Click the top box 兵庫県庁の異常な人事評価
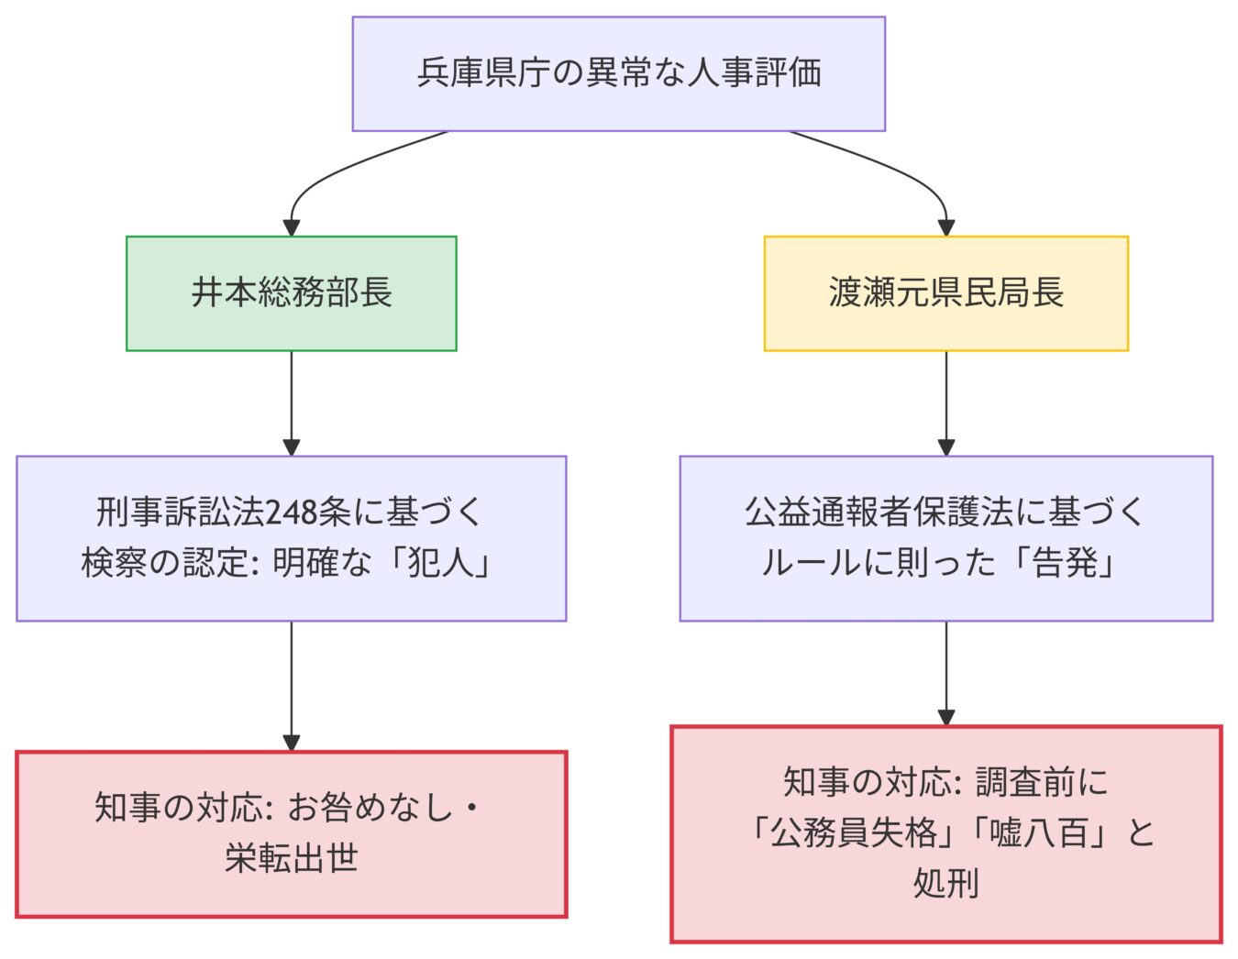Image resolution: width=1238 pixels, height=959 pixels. tap(618, 73)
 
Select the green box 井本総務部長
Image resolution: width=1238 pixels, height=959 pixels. tap(291, 293)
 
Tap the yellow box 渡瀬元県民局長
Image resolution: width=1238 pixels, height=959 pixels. tap(945, 293)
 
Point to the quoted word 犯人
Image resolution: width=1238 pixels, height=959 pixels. tap(440, 563)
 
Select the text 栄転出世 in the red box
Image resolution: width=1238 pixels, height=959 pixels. tap(291, 859)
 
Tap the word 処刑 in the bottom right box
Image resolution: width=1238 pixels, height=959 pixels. tap(945, 883)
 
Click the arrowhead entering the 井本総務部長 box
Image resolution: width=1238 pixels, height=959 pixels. tap(291, 227)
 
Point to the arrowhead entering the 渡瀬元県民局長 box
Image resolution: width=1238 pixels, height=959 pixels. tap(945, 227)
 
